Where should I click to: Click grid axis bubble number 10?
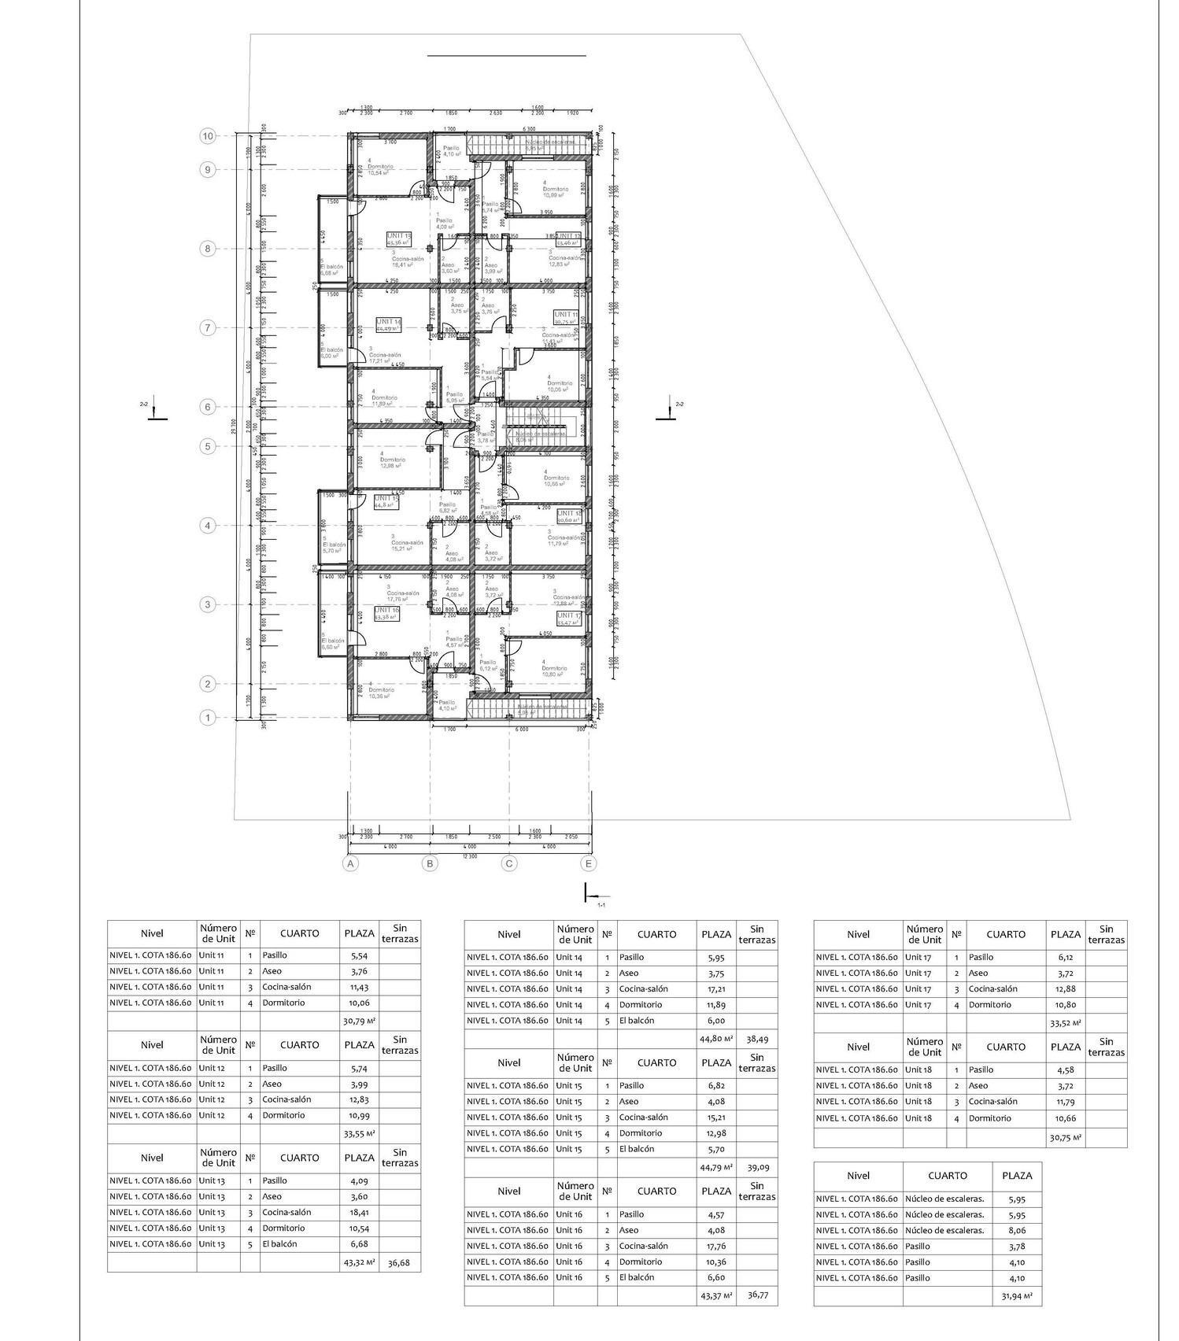(x=208, y=136)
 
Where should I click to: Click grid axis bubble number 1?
(x=208, y=718)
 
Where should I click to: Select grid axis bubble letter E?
(x=589, y=863)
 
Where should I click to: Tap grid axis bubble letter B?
(x=430, y=863)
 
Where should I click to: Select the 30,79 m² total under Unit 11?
(x=359, y=1021)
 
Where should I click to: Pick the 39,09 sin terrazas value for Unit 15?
(x=756, y=1167)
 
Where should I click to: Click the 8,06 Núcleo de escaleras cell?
(x=1017, y=1230)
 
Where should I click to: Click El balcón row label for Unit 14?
(x=636, y=1020)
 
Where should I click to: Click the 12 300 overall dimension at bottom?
(x=469, y=855)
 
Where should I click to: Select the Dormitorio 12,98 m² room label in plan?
(x=391, y=462)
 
